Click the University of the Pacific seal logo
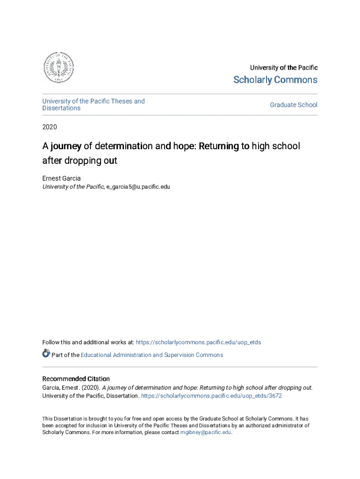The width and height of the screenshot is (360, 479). [x=58, y=68]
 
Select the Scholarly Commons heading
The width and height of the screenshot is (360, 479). [x=275, y=80]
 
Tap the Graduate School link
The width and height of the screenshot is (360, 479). [x=293, y=105]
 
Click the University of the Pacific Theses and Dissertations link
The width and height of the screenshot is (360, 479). [x=94, y=105]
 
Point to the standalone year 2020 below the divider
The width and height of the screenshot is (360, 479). [x=50, y=127]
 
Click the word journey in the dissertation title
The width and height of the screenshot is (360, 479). [x=66, y=146]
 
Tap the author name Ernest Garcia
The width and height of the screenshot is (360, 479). [x=61, y=178]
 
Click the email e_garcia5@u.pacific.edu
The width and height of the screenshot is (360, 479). [x=138, y=187]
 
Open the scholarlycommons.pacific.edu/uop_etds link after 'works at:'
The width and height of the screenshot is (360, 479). [x=198, y=342]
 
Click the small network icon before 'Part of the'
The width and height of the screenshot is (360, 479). [x=46, y=354]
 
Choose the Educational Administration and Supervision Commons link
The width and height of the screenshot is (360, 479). [x=152, y=355]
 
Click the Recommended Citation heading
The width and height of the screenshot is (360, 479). [x=76, y=379]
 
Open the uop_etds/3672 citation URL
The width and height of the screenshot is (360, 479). [x=211, y=396]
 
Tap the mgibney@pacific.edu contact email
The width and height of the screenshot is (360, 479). [x=206, y=433]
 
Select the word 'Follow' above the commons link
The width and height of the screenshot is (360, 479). [x=50, y=342]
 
